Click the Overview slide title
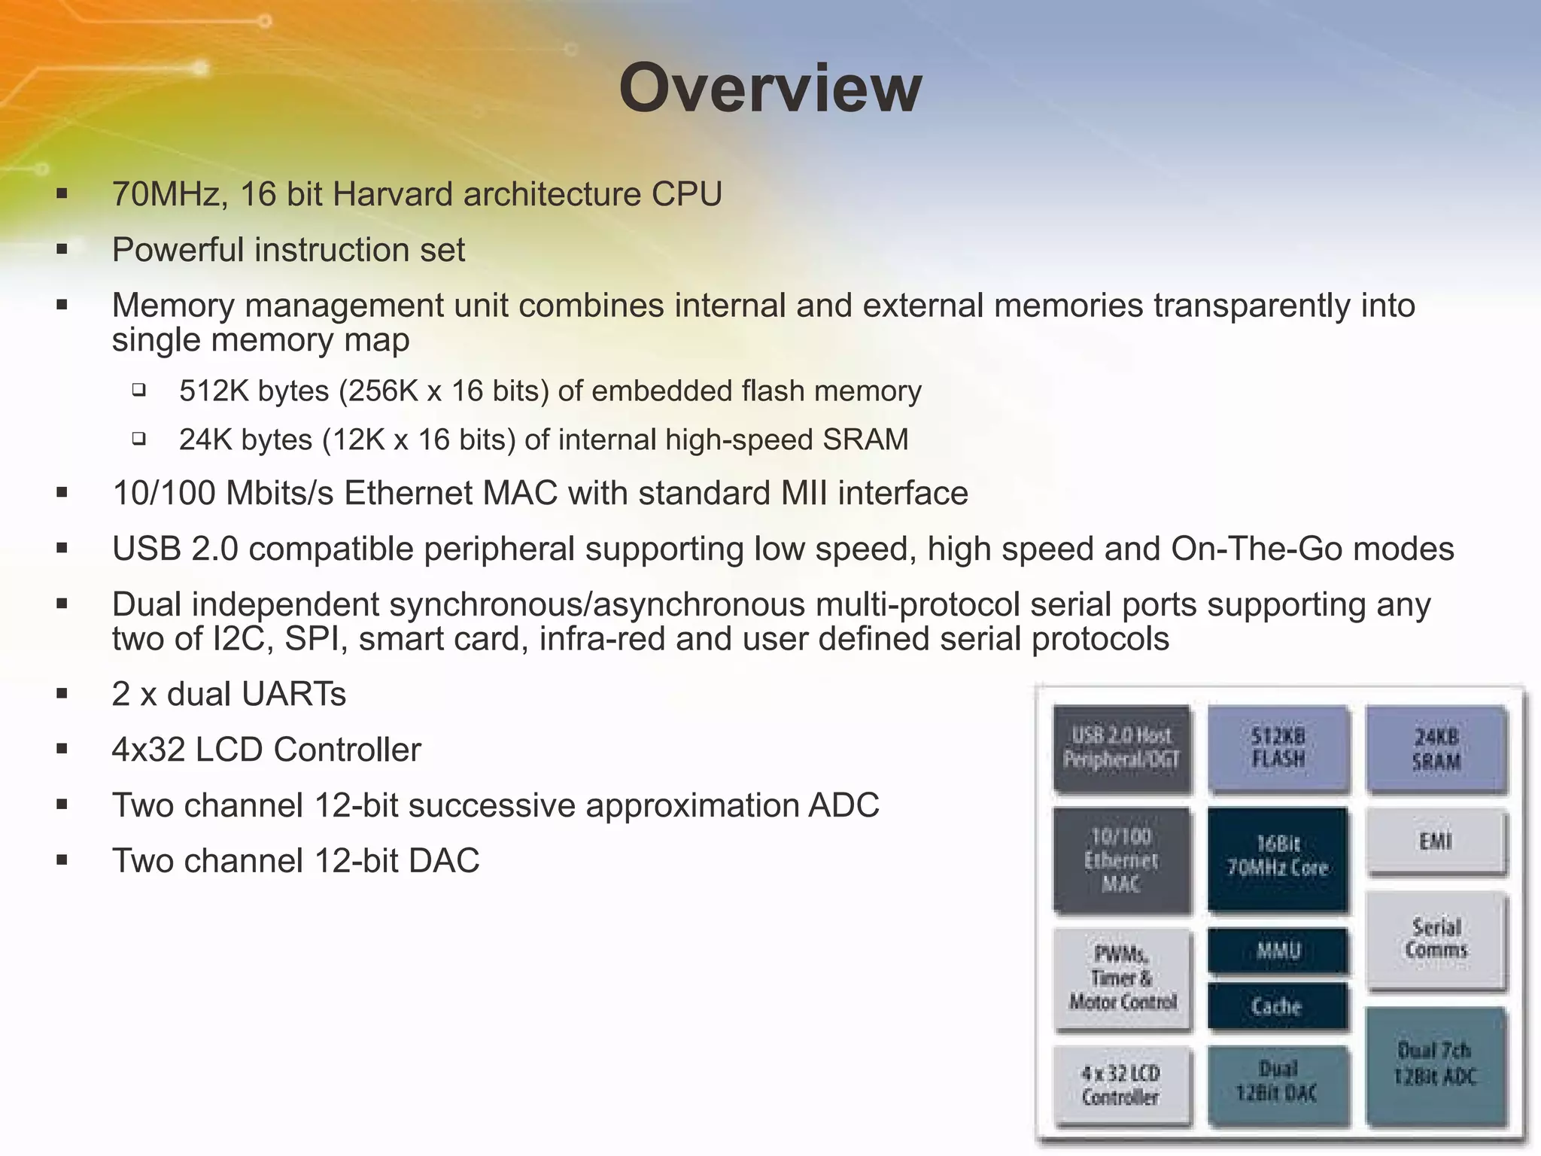pos(770,89)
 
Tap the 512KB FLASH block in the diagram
pos(1278,747)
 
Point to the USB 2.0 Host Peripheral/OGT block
pos(1121,747)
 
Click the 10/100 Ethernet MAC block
pos(1121,859)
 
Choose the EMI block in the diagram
pos(1436,841)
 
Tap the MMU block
pos(1278,951)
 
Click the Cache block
pos(1278,1005)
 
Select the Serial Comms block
pos(1436,939)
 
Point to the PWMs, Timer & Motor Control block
pos(1122,978)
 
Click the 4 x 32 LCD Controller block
pos(1121,1085)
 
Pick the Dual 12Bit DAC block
pos(1278,1081)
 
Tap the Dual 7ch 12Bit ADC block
pos(1436,1063)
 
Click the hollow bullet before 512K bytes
pos(138,390)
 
